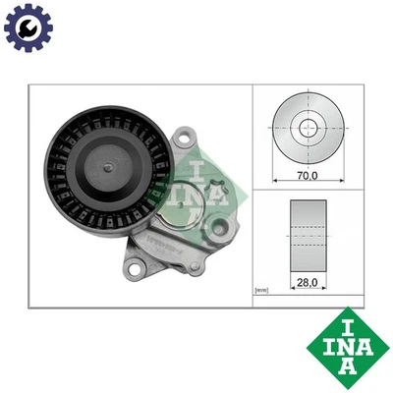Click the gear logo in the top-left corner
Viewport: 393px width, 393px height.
point(28,28)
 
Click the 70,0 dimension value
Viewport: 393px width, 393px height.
point(308,176)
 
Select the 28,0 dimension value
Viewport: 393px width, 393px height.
point(308,280)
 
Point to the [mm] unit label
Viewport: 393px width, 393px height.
point(261,291)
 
